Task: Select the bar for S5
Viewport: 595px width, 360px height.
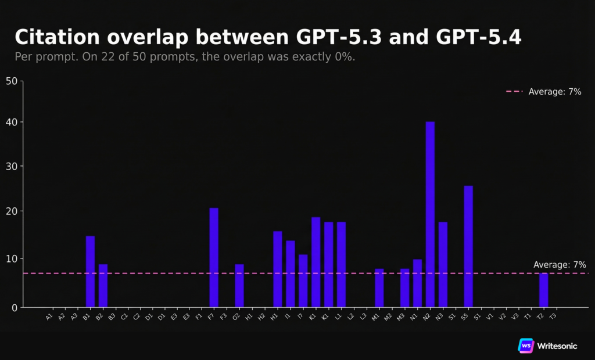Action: click(468, 246)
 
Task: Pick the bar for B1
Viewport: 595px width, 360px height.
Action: click(90, 271)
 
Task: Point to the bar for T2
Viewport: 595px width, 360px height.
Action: click(543, 290)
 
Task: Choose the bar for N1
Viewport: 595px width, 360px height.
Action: click(417, 283)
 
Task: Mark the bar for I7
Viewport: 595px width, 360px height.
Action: click(303, 280)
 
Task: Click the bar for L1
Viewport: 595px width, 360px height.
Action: click(341, 264)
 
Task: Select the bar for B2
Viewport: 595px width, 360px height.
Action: click(103, 285)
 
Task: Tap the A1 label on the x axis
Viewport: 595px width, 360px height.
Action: click(49, 316)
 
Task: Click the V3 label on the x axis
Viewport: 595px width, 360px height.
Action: click(515, 316)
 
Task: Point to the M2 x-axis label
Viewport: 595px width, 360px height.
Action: click(388, 316)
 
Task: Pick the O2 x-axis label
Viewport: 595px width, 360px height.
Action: click(236, 316)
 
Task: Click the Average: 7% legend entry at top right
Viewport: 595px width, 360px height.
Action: click(543, 92)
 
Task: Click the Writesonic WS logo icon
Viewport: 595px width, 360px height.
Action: click(526, 345)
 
